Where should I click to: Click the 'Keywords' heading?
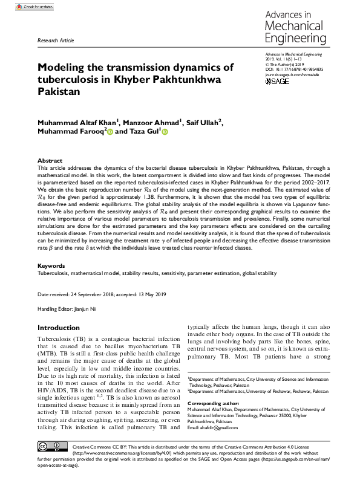pyautogui.click(x=51, y=266)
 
